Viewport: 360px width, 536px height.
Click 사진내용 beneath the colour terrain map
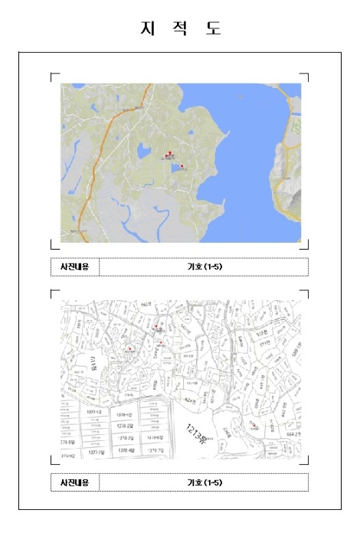click(x=74, y=266)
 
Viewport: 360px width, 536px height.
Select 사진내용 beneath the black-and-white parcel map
click(x=74, y=482)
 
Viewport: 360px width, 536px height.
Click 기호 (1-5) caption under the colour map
click(x=204, y=266)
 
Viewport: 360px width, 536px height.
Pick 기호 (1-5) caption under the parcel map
click(x=204, y=482)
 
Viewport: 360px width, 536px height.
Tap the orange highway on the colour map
click(x=95, y=161)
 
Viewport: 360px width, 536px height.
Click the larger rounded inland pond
click(x=143, y=152)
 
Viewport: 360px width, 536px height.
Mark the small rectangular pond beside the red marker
click(x=176, y=168)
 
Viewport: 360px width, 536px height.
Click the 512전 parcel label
click(x=263, y=333)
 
